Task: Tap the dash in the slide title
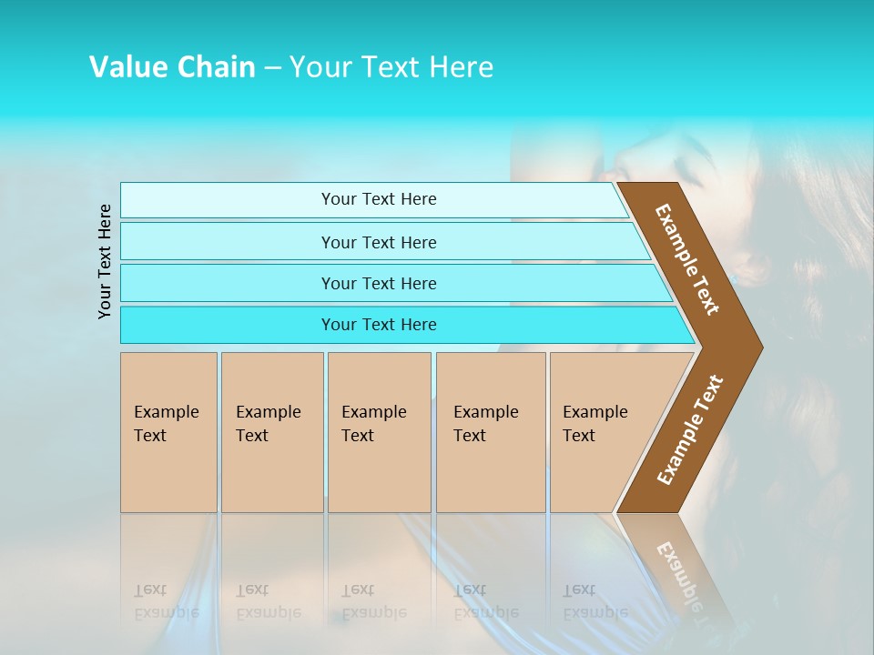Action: [272, 68]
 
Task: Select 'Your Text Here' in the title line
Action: [391, 67]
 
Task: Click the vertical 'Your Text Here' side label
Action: [105, 261]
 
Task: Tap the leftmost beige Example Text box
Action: [168, 432]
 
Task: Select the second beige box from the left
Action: [272, 432]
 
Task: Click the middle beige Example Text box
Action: [379, 432]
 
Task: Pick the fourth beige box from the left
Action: [491, 432]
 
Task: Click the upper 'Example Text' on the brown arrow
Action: [687, 259]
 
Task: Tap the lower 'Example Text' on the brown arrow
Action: [690, 429]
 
